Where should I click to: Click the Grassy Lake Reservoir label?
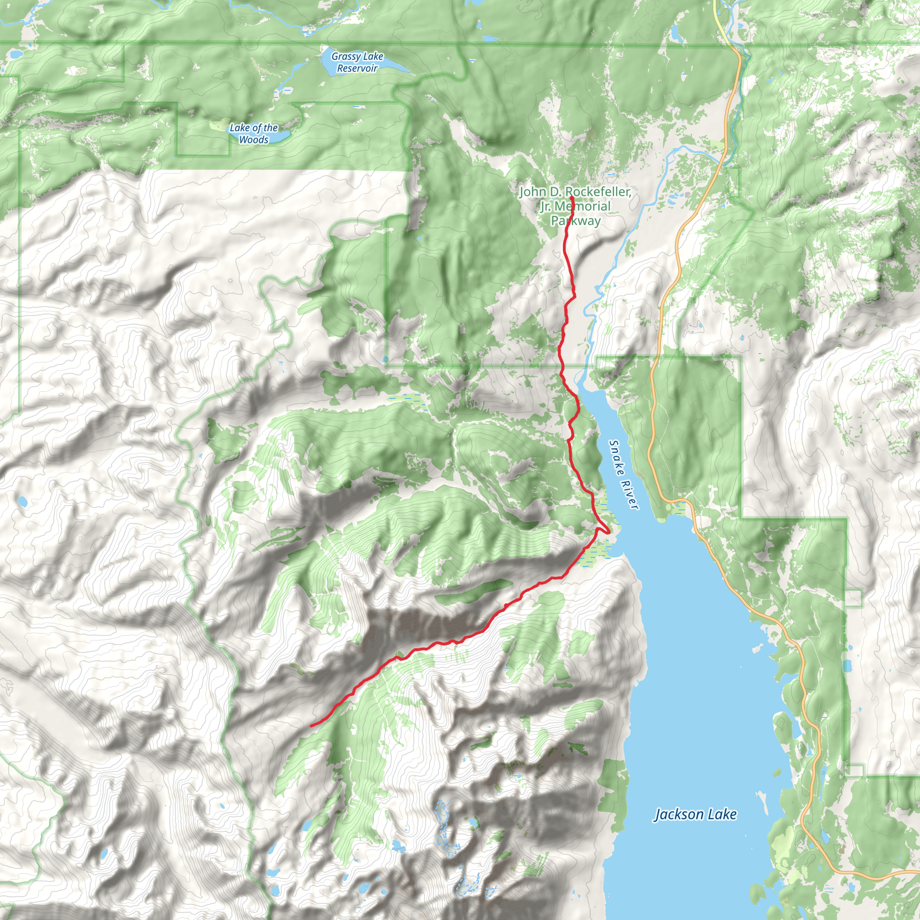[357, 62]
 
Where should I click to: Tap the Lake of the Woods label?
[253, 134]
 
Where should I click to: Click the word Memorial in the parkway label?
[582, 206]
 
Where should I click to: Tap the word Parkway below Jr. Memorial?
[576, 221]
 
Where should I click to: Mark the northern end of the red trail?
[571, 198]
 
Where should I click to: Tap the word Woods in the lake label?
[253, 140]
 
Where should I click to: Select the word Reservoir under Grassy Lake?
[357, 69]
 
